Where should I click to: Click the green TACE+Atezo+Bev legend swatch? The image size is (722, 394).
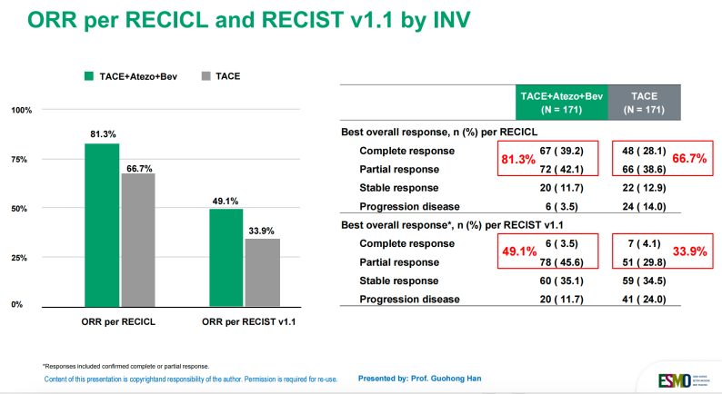[x=90, y=77]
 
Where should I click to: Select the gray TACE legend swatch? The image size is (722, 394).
[x=206, y=77]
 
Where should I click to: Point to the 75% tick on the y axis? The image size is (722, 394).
[x=19, y=159]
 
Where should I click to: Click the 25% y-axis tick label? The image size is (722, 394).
[x=19, y=258]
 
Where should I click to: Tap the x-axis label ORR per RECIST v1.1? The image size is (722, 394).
[x=245, y=322]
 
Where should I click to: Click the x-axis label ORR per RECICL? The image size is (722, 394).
[x=119, y=322]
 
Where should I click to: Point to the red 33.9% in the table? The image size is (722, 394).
[x=688, y=252]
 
